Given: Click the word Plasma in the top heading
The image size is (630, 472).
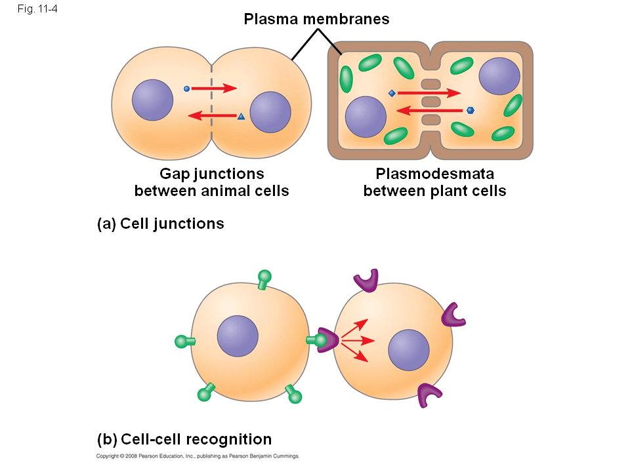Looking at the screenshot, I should click(x=270, y=19).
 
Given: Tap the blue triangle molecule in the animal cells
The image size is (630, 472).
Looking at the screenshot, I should click(x=241, y=117).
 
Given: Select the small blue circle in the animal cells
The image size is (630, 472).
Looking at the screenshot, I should click(x=186, y=88).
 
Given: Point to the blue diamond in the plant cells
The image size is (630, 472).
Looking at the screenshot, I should click(x=392, y=94).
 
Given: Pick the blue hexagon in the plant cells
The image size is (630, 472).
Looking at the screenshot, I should click(x=470, y=110).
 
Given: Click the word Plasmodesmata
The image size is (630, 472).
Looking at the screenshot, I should click(x=434, y=174).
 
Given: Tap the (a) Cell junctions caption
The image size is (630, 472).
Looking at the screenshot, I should click(x=160, y=224).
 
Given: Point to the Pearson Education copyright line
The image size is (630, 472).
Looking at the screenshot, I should click(x=198, y=456).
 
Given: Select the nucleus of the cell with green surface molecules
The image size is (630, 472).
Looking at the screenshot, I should click(x=238, y=337).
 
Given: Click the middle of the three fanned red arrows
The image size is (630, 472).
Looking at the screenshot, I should click(x=358, y=340).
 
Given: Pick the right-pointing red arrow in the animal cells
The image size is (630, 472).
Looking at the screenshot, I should click(x=214, y=88).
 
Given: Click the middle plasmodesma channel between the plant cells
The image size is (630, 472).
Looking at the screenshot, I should click(x=430, y=102).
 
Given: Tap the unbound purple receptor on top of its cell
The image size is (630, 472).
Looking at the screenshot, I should click(x=367, y=281).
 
